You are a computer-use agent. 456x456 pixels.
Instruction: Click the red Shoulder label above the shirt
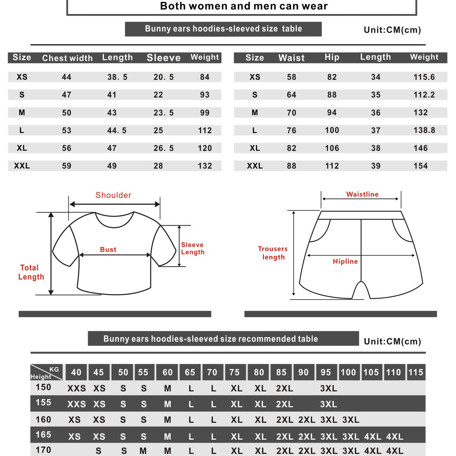pyautogui.click(x=113, y=195)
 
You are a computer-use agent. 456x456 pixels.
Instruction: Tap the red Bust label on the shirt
pyautogui.click(x=108, y=250)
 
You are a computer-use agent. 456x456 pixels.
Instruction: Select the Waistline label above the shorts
pyautogui.click(x=362, y=194)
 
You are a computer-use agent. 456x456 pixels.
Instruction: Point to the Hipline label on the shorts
pyautogui.click(x=345, y=261)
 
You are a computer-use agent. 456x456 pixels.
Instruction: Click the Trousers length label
pyautogui.click(x=273, y=253)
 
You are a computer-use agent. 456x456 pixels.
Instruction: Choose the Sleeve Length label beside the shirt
pyautogui.click(x=193, y=249)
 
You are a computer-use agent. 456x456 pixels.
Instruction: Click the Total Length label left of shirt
pyautogui.click(x=31, y=272)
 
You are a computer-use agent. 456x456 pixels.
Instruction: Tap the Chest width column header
pyautogui.click(x=67, y=58)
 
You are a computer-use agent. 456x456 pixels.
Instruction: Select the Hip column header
pyautogui.click(x=332, y=57)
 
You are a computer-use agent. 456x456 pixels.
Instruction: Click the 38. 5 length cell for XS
pyautogui.click(x=117, y=77)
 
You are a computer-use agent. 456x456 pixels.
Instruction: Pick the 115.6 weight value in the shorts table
pyautogui.click(x=424, y=77)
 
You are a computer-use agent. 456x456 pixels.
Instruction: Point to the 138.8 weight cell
pyautogui.click(x=424, y=130)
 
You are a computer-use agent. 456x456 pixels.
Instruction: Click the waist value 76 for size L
pyautogui.click(x=291, y=130)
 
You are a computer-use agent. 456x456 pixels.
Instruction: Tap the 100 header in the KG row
pyautogui.click(x=348, y=372)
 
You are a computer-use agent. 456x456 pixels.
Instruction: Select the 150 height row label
pyautogui.click(x=43, y=387)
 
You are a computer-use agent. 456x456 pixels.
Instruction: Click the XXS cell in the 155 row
pyautogui.click(x=76, y=404)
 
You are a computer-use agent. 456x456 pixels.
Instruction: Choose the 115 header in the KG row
pyautogui.click(x=415, y=372)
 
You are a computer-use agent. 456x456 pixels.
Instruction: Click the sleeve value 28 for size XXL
pyautogui.click(x=158, y=166)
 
